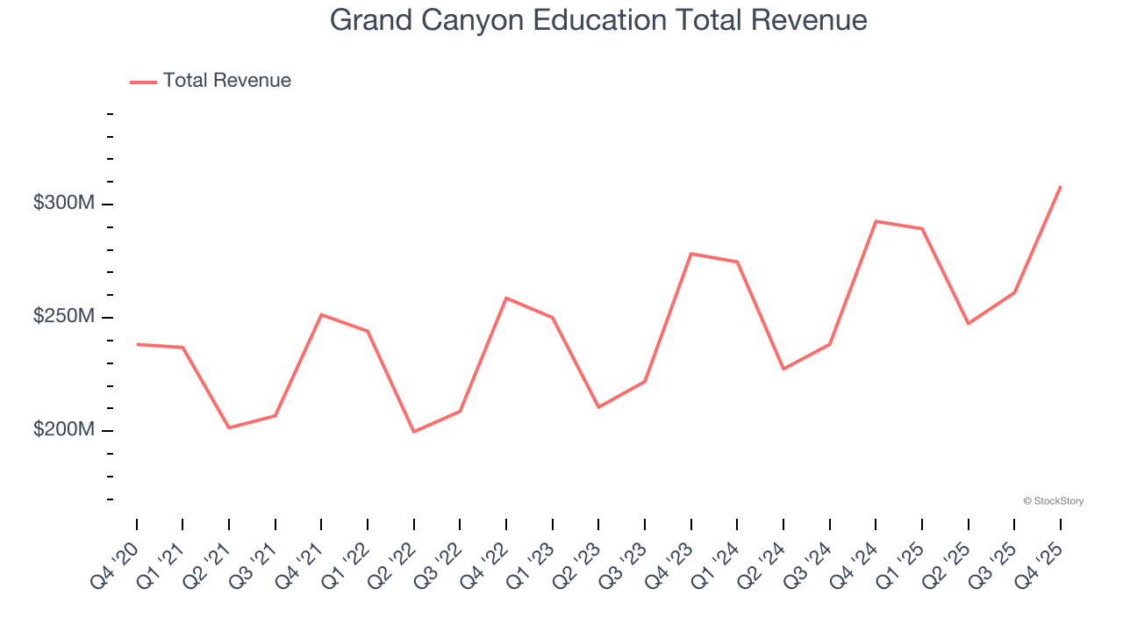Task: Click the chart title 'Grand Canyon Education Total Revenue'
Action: (x=598, y=20)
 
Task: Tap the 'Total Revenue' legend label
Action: (x=226, y=81)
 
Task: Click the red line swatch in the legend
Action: (x=143, y=82)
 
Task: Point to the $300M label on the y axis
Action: (x=63, y=203)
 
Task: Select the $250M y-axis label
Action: (x=63, y=316)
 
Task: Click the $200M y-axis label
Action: (x=63, y=429)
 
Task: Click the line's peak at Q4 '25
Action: (x=1061, y=186)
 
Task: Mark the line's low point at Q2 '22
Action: (x=413, y=432)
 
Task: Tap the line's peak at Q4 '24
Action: (x=876, y=221)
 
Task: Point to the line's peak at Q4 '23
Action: (x=691, y=254)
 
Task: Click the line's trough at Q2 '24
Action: (x=783, y=369)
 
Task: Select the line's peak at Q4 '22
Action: (x=506, y=298)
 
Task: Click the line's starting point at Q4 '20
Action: (x=137, y=344)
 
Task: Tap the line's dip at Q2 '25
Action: (x=969, y=324)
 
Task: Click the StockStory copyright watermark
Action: (x=1053, y=501)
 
